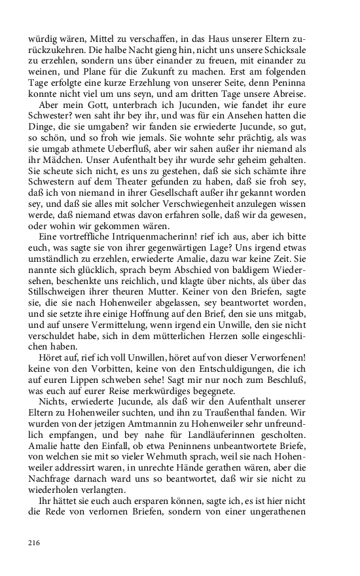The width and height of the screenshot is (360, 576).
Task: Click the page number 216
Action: click(34, 543)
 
